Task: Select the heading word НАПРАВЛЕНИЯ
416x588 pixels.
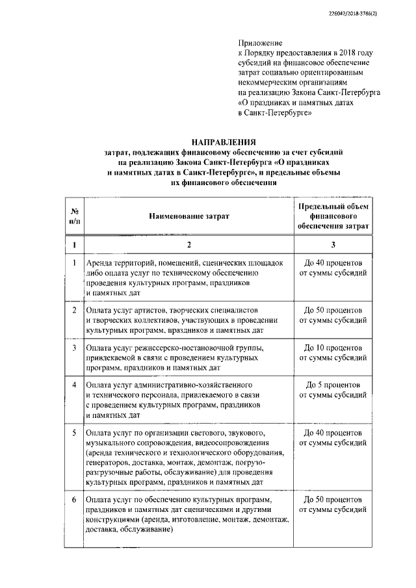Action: coord(223,140)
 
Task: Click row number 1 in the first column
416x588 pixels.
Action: coord(75,263)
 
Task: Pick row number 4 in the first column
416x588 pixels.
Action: coord(75,385)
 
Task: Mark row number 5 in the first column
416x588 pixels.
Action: coord(75,432)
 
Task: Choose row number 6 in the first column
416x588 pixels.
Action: coord(75,499)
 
